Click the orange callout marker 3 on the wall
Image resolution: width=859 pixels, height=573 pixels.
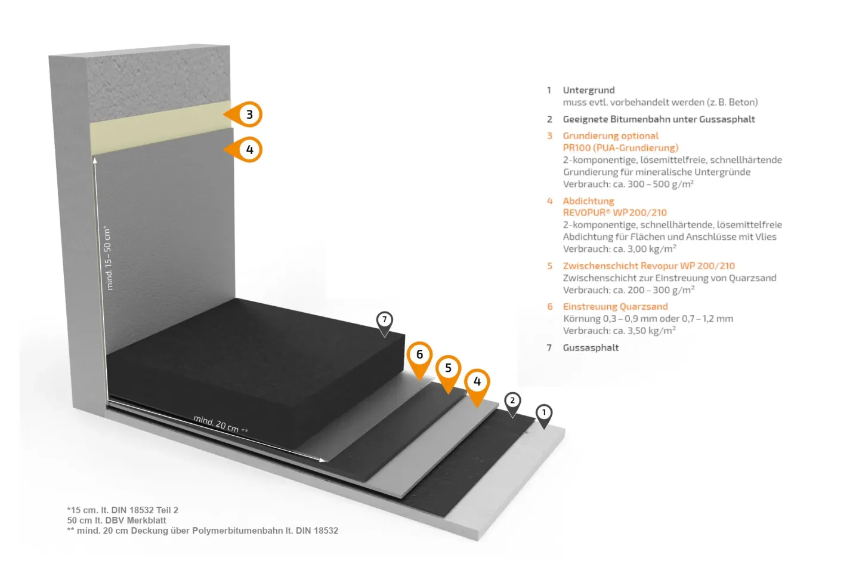pyautogui.click(x=245, y=115)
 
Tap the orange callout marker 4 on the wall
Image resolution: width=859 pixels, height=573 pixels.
pyautogui.click(x=245, y=149)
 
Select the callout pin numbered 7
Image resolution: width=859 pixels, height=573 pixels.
pyautogui.click(x=384, y=324)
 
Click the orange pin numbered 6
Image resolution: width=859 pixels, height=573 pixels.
pyautogui.click(x=419, y=359)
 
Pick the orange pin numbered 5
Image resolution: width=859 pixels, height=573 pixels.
pyautogui.click(x=449, y=373)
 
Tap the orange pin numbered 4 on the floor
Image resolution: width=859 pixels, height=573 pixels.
pyautogui.click(x=477, y=387)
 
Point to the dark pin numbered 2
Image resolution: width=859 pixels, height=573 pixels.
pyautogui.click(x=512, y=404)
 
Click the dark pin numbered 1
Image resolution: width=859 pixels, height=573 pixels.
pyautogui.click(x=543, y=416)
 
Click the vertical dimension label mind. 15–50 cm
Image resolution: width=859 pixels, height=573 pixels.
pyautogui.click(x=108, y=257)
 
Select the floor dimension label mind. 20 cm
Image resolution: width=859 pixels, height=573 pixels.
pyautogui.click(x=221, y=424)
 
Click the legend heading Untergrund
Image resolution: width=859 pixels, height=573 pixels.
pyautogui.click(x=589, y=90)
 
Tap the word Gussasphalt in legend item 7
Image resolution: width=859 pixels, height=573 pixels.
pyautogui.click(x=591, y=348)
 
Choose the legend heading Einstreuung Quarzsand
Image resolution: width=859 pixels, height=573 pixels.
pyautogui.click(x=615, y=307)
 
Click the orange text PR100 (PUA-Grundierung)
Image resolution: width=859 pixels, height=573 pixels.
pyautogui.click(x=620, y=148)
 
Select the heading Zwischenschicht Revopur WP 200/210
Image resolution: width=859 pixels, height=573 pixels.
pyautogui.click(x=648, y=266)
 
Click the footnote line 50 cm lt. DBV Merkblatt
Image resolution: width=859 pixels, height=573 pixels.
pyautogui.click(x=116, y=520)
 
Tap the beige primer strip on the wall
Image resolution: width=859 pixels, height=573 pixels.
pyautogui.click(x=160, y=128)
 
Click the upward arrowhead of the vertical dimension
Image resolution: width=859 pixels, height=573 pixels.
pyautogui.click(x=95, y=161)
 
